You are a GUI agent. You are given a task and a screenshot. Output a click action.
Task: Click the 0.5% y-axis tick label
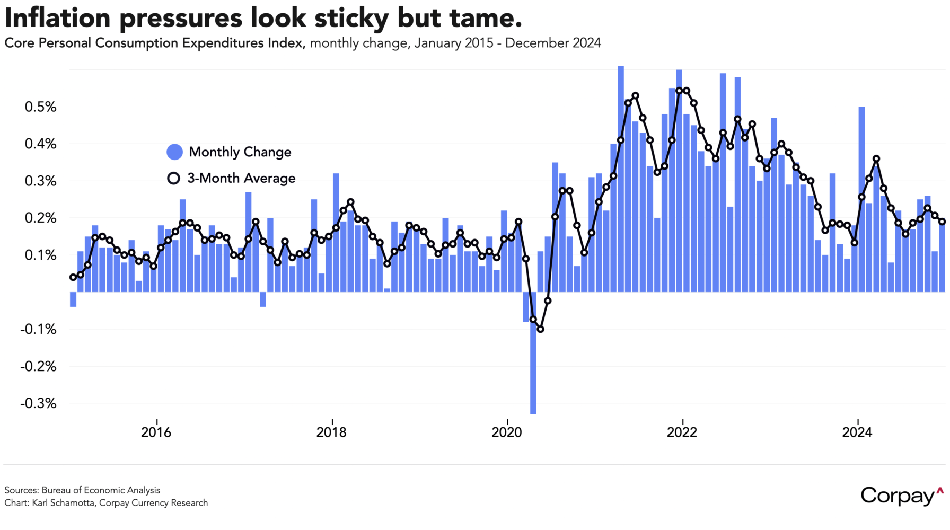pyautogui.click(x=40, y=107)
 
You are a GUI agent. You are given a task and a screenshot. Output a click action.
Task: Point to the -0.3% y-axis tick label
pyautogui.click(x=38, y=403)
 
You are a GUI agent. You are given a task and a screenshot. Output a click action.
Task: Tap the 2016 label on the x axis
pyautogui.click(x=156, y=432)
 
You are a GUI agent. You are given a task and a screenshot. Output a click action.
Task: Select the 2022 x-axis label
pyautogui.click(x=682, y=432)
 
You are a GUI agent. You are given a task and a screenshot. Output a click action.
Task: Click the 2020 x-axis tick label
pyautogui.click(x=507, y=432)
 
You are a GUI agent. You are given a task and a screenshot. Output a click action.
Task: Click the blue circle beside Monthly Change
pyautogui.click(x=174, y=152)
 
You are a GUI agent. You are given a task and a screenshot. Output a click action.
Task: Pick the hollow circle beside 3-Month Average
pyautogui.click(x=173, y=178)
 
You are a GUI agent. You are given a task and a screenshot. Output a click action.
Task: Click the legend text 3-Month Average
pyautogui.click(x=241, y=178)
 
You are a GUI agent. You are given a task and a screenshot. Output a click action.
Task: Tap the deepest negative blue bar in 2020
pyautogui.click(x=533, y=355)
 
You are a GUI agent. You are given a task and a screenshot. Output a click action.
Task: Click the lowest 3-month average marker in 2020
pyautogui.click(x=540, y=329)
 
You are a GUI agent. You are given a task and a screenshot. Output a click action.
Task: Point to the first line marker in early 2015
pyautogui.click(x=73, y=277)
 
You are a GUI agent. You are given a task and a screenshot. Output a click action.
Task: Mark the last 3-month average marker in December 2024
pyautogui.click(x=942, y=222)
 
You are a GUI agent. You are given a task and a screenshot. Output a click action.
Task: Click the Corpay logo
pyautogui.click(x=902, y=496)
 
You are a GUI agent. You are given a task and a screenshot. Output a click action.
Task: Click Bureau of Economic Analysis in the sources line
pyautogui.click(x=101, y=490)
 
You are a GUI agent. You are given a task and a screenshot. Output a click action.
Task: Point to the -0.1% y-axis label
pyautogui.click(x=38, y=329)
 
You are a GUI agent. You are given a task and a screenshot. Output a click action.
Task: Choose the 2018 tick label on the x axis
pyautogui.click(x=331, y=432)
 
